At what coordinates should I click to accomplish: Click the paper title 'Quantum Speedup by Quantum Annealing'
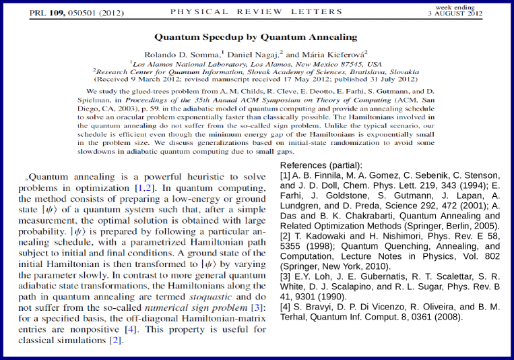click(x=255, y=37)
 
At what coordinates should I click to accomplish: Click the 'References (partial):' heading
click(x=321, y=166)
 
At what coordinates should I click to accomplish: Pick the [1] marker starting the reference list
click(x=285, y=177)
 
